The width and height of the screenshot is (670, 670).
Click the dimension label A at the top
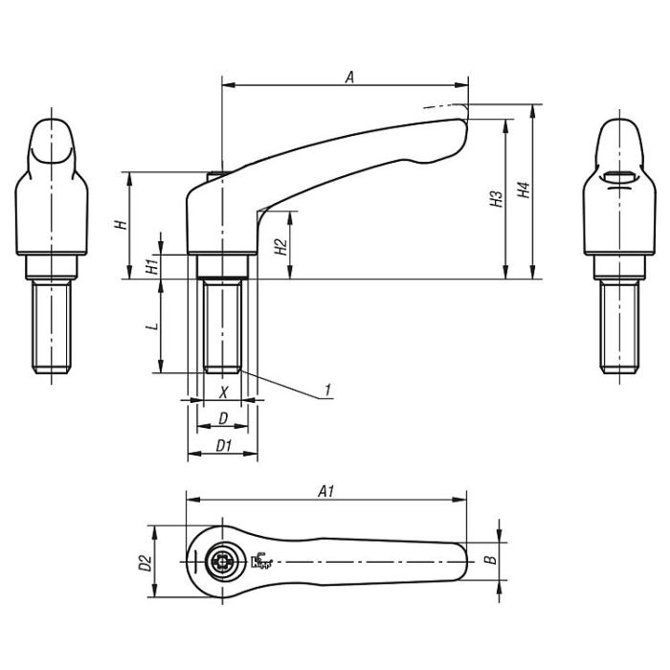(350, 79)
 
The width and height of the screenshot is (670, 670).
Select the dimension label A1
(325, 491)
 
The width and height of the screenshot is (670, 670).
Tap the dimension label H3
(494, 199)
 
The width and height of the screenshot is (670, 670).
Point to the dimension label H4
(522, 190)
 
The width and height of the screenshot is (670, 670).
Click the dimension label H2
(279, 245)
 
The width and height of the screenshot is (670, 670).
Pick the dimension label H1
(151, 267)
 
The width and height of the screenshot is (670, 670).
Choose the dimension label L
(151, 326)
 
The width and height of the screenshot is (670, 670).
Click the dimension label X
(223, 391)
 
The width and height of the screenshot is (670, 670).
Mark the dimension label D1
(223, 445)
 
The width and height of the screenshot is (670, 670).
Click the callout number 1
(327, 390)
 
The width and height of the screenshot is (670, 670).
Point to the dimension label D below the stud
(223, 418)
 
